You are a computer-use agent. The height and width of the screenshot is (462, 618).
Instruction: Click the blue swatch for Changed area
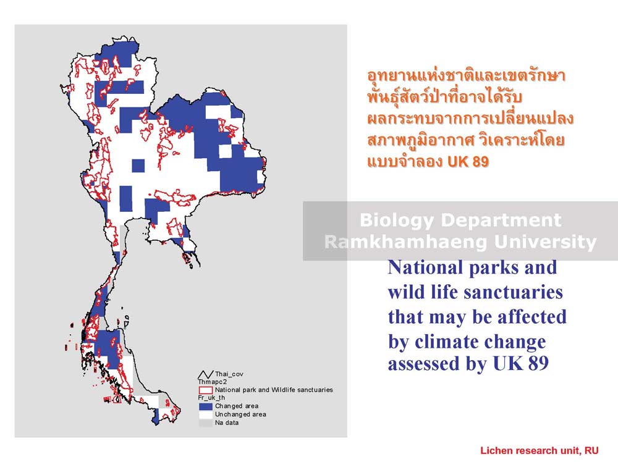tap(205, 406)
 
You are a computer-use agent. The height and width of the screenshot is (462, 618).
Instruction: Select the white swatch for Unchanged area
tap(205, 414)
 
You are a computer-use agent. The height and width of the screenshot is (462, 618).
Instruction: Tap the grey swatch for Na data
tap(205, 422)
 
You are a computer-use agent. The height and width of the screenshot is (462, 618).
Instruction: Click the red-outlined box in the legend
tap(205, 390)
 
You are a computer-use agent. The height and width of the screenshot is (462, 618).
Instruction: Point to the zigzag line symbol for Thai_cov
tap(205, 374)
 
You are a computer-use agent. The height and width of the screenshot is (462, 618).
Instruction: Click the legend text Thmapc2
tap(213, 382)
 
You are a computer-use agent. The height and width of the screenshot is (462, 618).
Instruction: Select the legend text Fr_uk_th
tap(211, 398)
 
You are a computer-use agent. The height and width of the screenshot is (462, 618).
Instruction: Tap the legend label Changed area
tap(237, 406)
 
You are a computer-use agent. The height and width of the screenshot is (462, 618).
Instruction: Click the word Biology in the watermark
tap(397, 220)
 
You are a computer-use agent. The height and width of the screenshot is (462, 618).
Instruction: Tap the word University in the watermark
tap(545, 242)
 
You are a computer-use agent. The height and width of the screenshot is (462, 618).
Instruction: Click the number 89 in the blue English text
tap(538, 363)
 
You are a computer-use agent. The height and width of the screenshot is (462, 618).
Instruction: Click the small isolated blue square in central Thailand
tap(138, 166)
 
